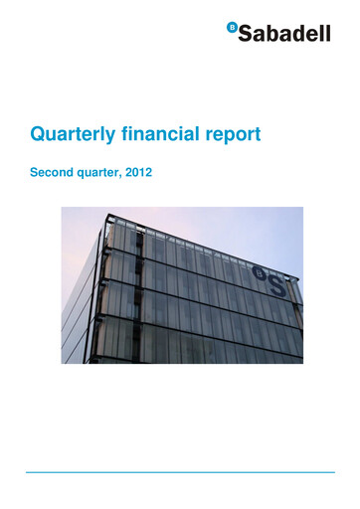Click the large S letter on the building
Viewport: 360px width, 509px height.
278,285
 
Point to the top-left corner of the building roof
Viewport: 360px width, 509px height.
103,222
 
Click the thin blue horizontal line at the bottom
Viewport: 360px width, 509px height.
180,473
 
